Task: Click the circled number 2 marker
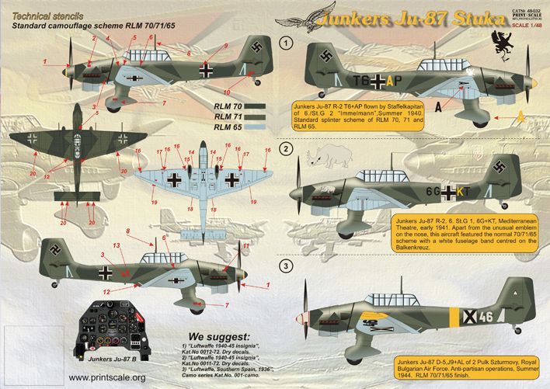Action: pos(287,148)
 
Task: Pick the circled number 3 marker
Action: pos(287,267)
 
